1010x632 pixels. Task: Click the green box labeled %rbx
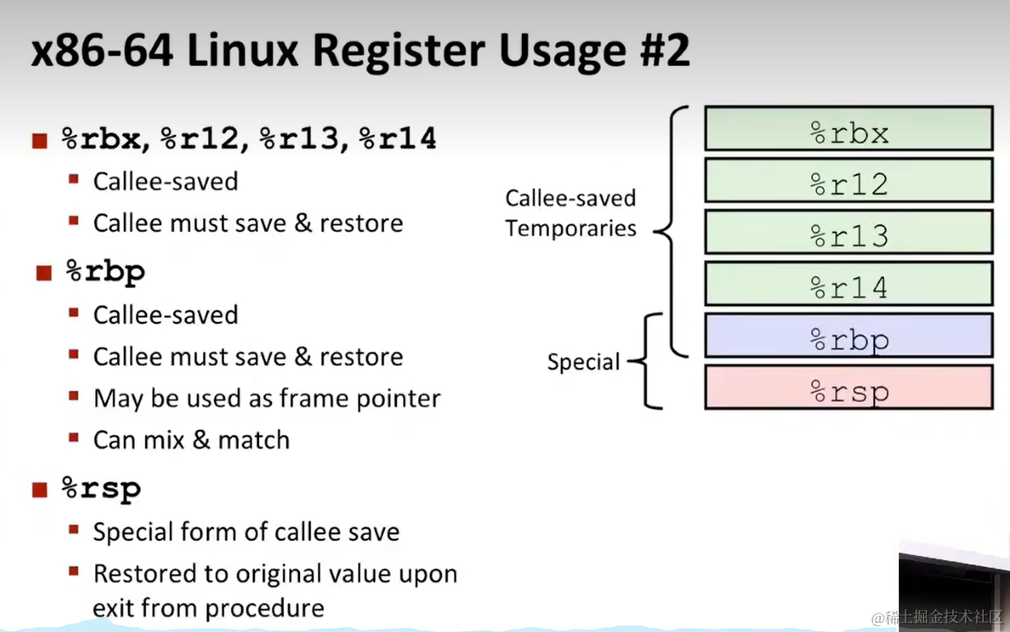(x=849, y=129)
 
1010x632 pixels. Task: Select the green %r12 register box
(x=849, y=181)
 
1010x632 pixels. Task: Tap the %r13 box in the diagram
(x=849, y=232)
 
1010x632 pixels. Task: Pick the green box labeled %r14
(x=849, y=284)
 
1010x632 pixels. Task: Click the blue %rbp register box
(x=849, y=336)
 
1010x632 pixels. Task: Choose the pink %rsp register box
(x=849, y=388)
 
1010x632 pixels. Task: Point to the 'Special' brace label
(x=583, y=363)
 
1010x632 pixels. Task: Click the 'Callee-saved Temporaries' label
(x=571, y=213)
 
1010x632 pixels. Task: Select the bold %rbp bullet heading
(x=105, y=272)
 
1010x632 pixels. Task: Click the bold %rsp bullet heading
(x=101, y=488)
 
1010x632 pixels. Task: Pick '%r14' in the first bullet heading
(x=398, y=139)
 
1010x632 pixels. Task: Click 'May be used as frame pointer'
(x=266, y=398)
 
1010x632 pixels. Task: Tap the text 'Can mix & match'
(x=191, y=440)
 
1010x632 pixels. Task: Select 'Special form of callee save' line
(x=246, y=532)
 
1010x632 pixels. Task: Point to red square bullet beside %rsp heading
(x=39, y=490)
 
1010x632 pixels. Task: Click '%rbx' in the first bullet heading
(x=101, y=139)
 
